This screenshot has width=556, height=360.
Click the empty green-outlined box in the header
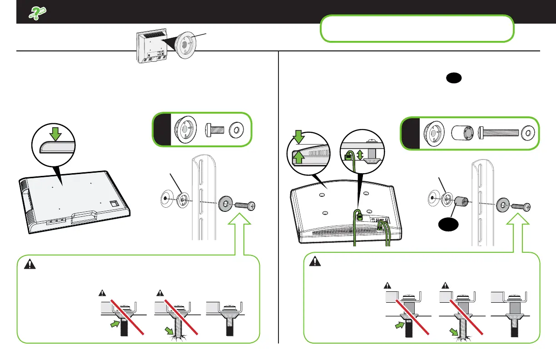click(x=417, y=29)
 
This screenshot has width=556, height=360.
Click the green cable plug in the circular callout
click(x=348, y=155)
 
